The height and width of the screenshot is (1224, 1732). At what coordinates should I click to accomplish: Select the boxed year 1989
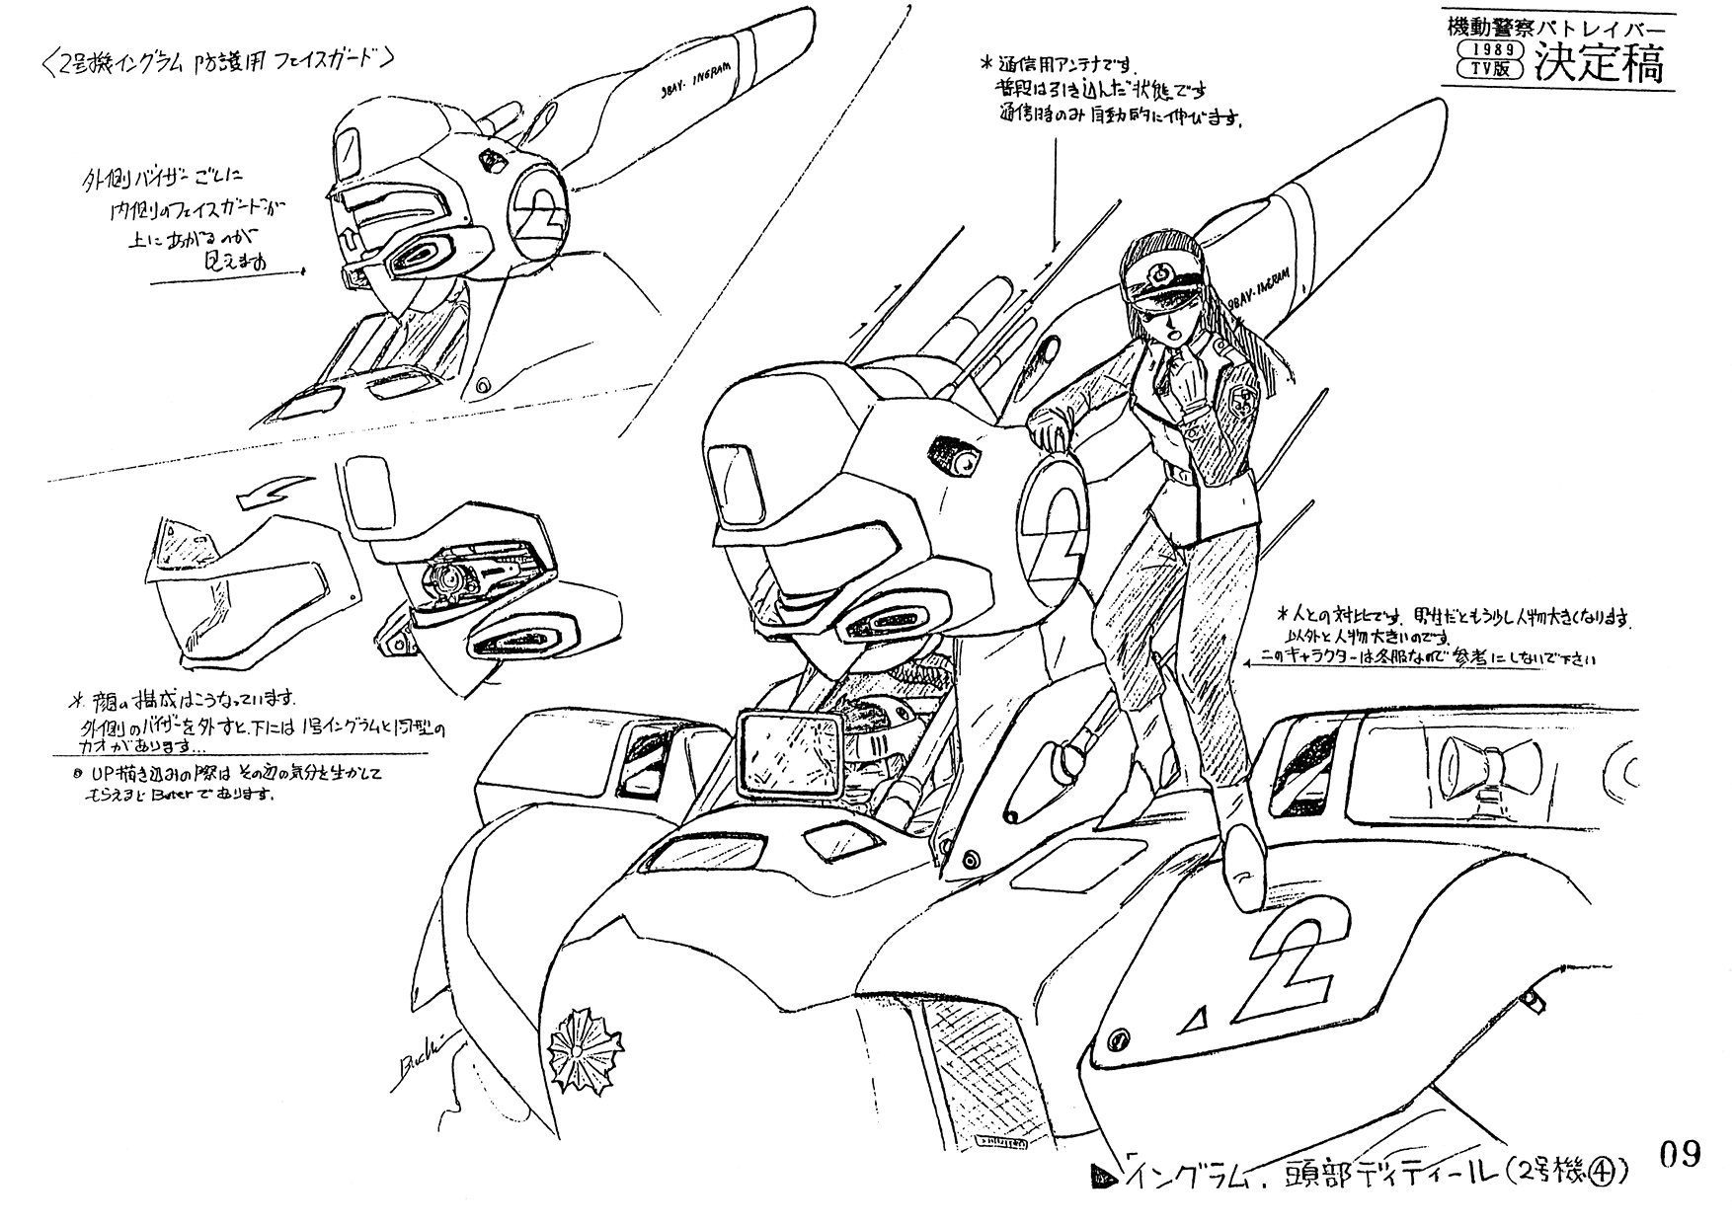click(x=1489, y=49)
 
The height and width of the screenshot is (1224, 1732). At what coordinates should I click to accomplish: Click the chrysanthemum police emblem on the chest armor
click(x=576, y=1049)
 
